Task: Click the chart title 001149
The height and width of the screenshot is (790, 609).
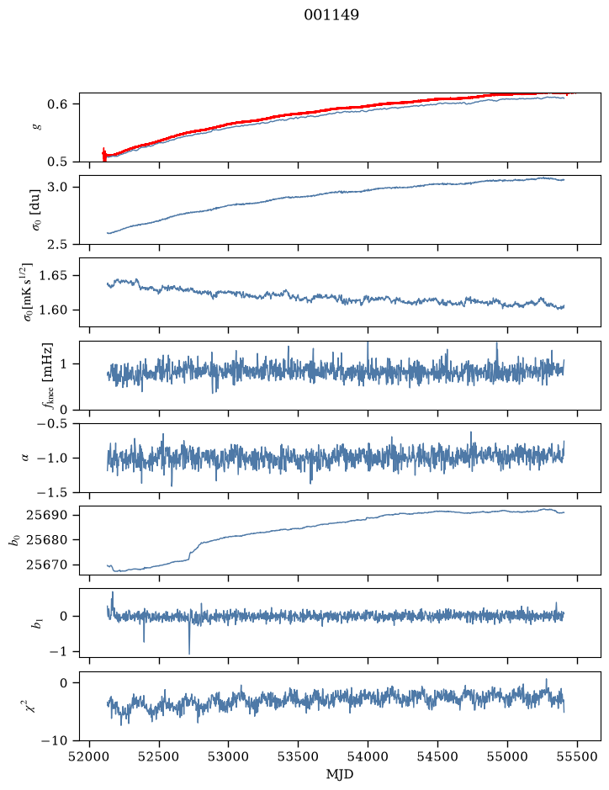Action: [x=331, y=15]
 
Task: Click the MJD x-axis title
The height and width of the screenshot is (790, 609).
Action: [x=340, y=774]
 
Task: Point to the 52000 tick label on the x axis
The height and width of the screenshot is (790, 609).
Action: [x=90, y=756]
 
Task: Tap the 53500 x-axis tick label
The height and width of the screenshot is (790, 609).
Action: [x=299, y=756]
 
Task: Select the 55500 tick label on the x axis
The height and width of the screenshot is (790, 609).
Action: [x=577, y=756]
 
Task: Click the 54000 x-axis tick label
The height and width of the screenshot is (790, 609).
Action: [x=368, y=756]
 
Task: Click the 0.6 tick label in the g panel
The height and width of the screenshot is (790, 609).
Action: [x=57, y=104]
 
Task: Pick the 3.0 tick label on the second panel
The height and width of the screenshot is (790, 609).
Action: [x=57, y=187]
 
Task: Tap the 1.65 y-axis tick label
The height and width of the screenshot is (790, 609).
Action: [x=53, y=276]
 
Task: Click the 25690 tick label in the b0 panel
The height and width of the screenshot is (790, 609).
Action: [x=46, y=515]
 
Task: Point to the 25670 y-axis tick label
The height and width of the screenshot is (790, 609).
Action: [x=46, y=565]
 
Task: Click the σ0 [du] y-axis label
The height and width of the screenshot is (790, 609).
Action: [x=36, y=210]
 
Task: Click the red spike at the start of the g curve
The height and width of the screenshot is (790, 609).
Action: [x=104, y=155]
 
